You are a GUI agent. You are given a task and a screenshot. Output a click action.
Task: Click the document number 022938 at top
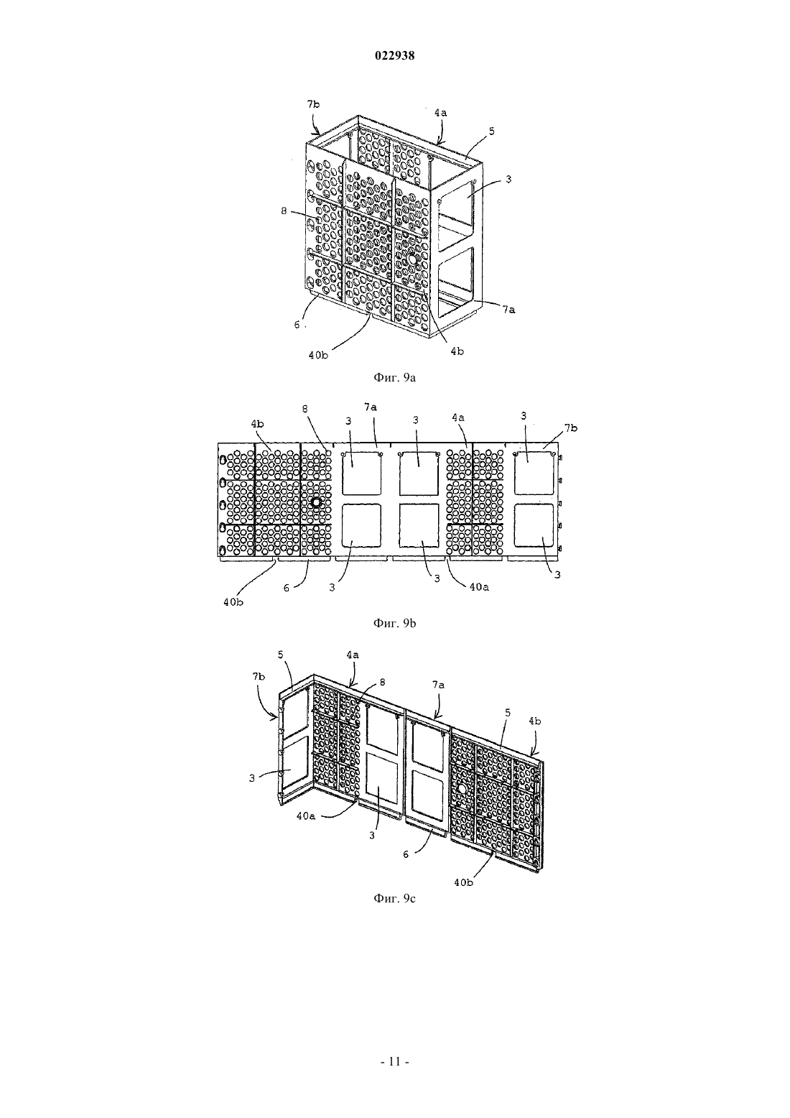[394, 56]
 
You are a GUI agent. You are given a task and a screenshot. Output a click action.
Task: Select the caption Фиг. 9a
[394, 377]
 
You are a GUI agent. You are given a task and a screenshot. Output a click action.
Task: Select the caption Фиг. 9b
[394, 624]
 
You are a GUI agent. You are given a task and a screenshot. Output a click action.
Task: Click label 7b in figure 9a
[313, 103]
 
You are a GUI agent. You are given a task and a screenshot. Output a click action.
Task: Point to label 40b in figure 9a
[318, 356]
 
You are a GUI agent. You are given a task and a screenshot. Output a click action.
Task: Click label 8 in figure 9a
[284, 211]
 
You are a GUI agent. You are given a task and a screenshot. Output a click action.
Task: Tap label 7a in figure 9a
[508, 310]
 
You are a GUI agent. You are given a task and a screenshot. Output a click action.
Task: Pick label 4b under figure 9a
[457, 351]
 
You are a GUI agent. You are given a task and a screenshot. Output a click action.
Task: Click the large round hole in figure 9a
[412, 259]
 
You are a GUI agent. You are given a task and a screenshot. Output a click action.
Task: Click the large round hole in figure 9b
[315, 502]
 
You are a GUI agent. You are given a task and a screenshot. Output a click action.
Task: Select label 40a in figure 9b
[479, 588]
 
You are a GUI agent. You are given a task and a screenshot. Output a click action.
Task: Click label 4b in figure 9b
[257, 424]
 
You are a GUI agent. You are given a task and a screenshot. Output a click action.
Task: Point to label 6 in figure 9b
[287, 588]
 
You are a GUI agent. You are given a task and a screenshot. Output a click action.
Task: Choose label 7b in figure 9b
[571, 428]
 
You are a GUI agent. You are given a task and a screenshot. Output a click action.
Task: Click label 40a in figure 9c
[306, 816]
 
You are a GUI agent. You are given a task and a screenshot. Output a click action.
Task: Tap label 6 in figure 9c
[406, 854]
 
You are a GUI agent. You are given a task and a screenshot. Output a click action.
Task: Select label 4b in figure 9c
[535, 721]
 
